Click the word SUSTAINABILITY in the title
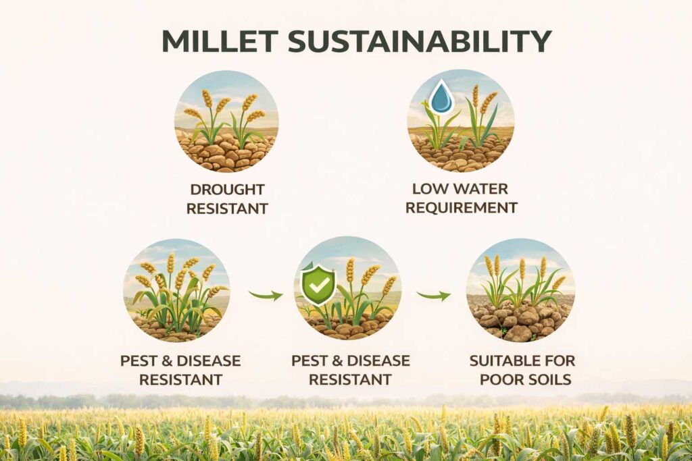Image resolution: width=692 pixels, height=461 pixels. point(420,42)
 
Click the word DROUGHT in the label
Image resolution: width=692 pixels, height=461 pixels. point(227,190)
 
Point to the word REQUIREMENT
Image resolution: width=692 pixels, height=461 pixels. point(461,207)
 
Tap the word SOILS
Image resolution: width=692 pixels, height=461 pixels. point(547,379)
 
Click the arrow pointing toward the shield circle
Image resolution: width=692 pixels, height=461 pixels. point(266,295)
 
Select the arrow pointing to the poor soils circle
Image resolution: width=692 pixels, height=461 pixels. point(433,295)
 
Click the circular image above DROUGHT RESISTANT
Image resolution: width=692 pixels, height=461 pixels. point(226,121)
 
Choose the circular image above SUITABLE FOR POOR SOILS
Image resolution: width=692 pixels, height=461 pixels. point(520,290)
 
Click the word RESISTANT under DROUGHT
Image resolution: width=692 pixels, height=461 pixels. point(227,208)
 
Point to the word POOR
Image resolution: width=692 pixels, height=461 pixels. point(501,379)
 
